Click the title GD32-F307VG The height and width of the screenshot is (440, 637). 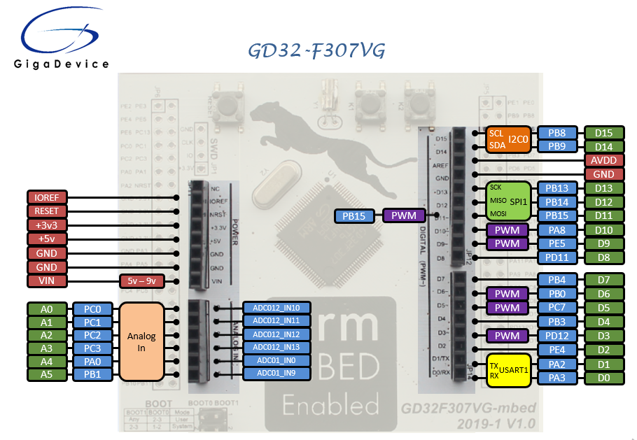tap(316, 52)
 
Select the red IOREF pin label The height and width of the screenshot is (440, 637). tap(47, 197)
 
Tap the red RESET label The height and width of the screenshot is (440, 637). tap(47, 211)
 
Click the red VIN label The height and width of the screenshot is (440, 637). tap(47, 281)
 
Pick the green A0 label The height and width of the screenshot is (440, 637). tap(47, 308)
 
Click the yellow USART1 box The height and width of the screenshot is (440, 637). tap(508, 371)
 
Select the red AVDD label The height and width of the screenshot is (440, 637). tap(603, 160)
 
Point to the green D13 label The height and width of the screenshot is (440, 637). tap(603, 188)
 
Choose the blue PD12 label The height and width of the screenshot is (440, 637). tap(557, 336)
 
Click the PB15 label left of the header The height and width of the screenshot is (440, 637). tap(354, 216)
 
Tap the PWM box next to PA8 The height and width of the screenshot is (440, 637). tap(507, 230)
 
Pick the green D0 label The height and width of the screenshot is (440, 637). tap(603, 378)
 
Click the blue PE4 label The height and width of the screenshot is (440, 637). tap(557, 350)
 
